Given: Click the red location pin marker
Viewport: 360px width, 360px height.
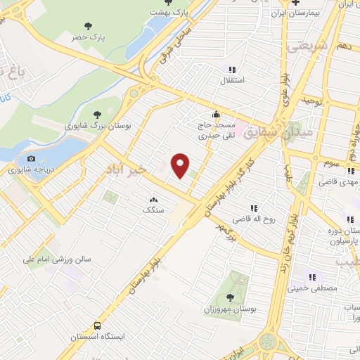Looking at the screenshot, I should pos(181,166).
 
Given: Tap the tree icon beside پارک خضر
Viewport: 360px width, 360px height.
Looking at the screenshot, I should pos(87,26).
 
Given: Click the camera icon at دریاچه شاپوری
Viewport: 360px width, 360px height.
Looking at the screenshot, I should pos(30,158).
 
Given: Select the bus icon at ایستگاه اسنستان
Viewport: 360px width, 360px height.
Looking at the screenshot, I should pos(98,326).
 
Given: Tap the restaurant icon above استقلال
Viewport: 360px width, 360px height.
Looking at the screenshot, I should pos(231,70).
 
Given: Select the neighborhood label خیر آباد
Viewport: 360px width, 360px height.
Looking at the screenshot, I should pos(127,169).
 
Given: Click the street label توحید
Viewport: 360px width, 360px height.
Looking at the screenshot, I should pos(310,101).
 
